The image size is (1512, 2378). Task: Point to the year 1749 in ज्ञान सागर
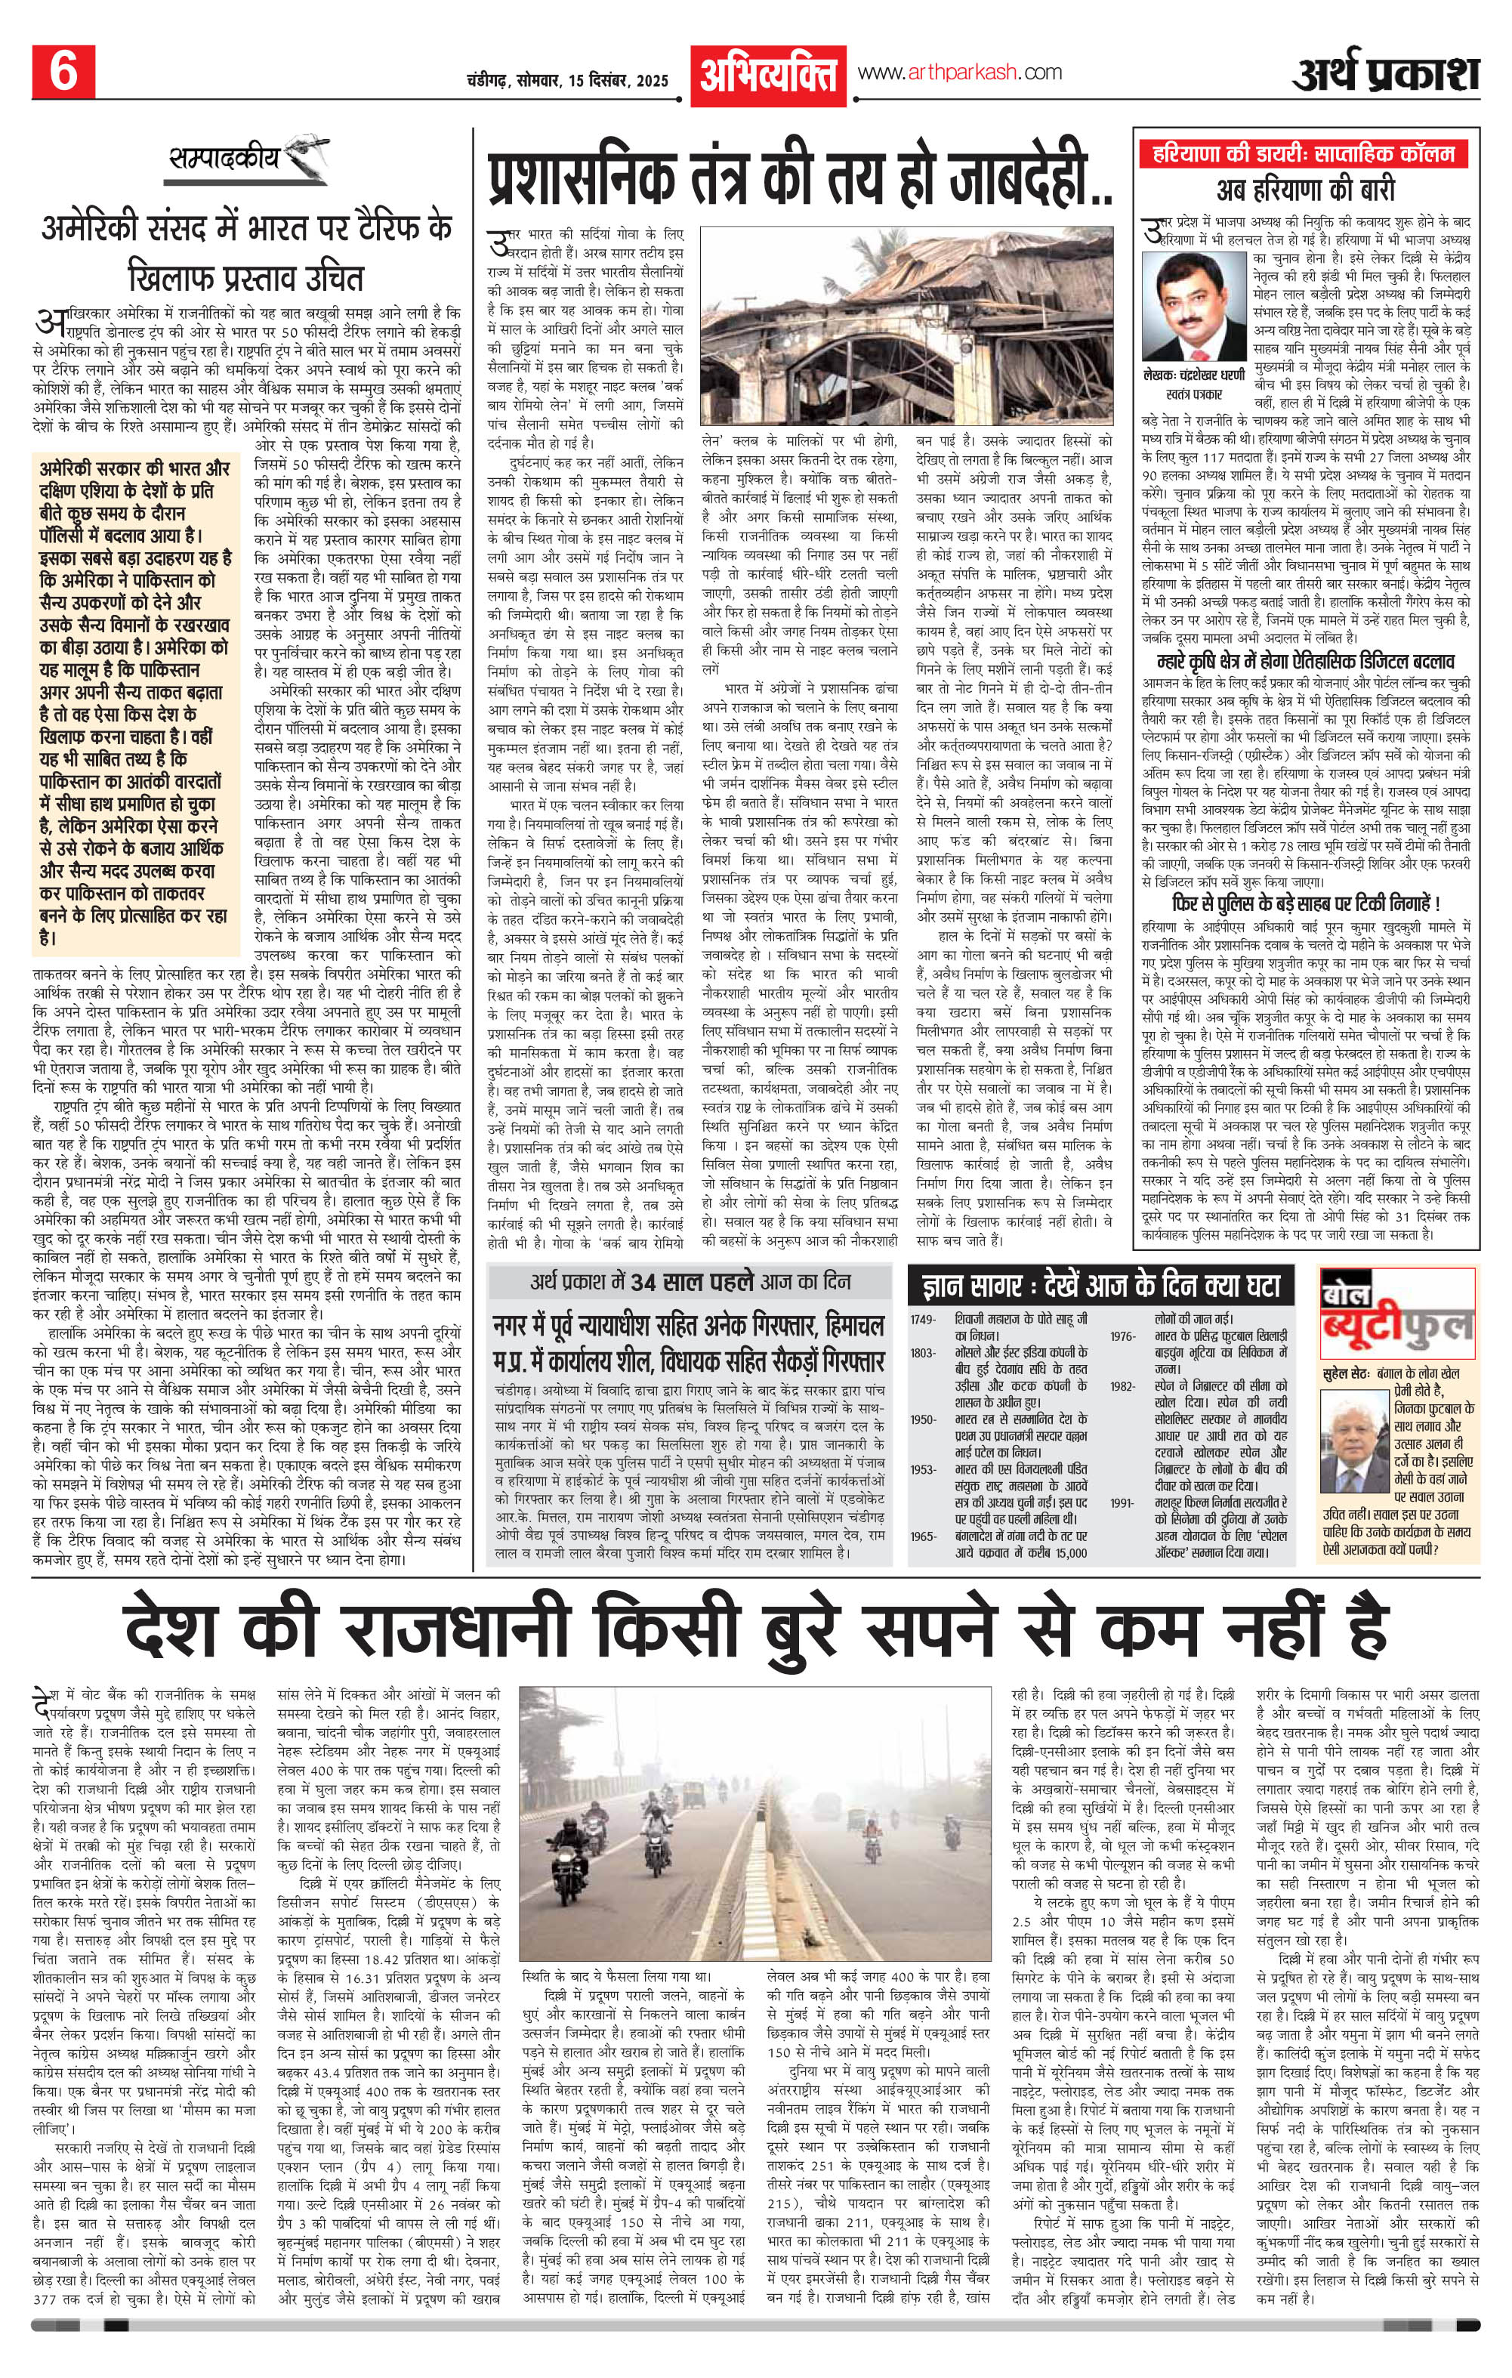(x=924, y=1320)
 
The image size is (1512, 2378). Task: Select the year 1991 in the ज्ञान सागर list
(x=1121, y=1502)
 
